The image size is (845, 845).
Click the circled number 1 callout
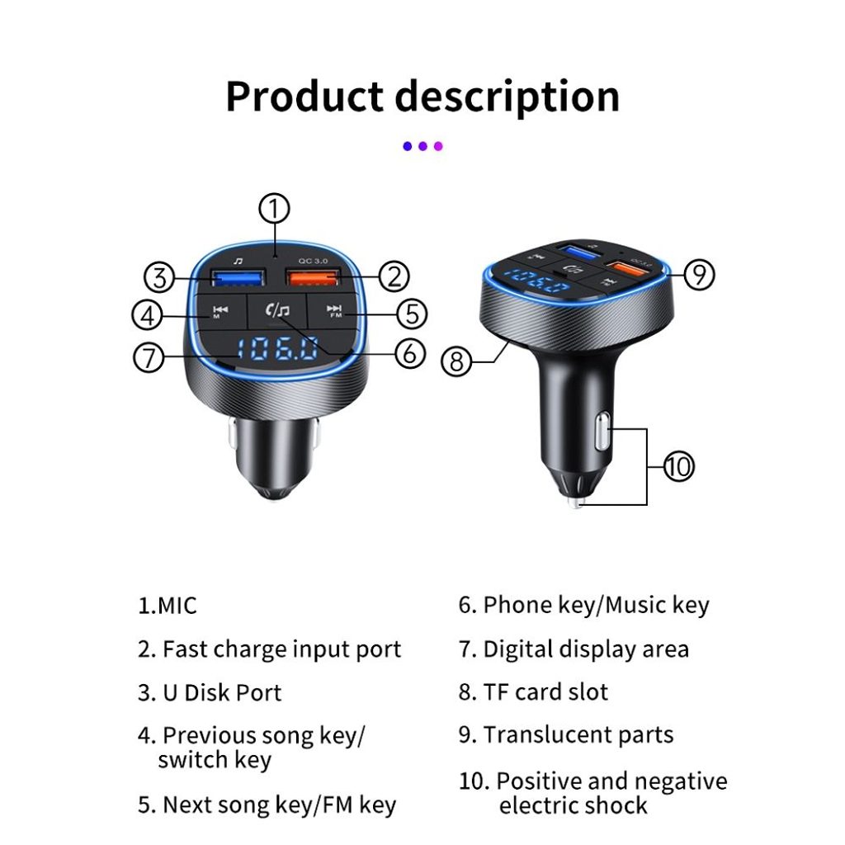(x=274, y=209)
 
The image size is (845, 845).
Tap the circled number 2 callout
(x=394, y=276)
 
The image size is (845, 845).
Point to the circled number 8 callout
(x=456, y=361)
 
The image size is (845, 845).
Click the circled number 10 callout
(x=678, y=466)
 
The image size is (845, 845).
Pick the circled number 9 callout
(x=699, y=274)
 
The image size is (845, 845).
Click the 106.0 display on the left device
(x=277, y=349)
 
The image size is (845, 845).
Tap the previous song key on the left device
(x=220, y=311)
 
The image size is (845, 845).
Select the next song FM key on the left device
(x=334, y=311)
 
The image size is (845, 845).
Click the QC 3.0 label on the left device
(x=313, y=261)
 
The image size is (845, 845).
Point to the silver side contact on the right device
(x=602, y=431)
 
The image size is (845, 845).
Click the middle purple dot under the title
(x=423, y=146)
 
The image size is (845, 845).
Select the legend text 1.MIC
(x=167, y=605)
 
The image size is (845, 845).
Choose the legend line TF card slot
(x=534, y=692)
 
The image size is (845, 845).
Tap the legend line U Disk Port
(x=210, y=693)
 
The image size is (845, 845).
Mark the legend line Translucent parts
(x=566, y=735)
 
